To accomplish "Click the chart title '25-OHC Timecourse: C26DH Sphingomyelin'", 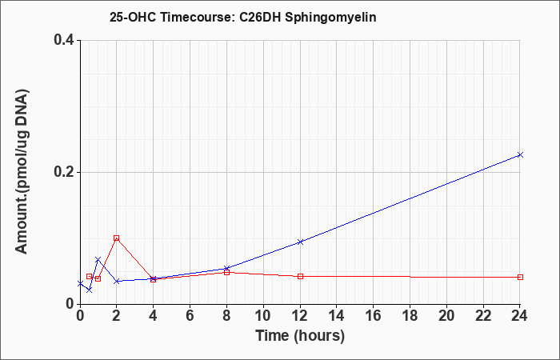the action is coord(243,17).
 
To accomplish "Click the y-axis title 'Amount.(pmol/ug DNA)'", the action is coord(22,172).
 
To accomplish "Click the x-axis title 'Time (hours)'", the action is coord(300,336).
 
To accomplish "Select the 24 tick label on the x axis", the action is coord(520,315).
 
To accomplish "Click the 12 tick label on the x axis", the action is coord(300,315).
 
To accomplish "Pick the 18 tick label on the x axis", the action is coord(410,315).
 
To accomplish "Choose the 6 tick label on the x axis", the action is coord(190,315).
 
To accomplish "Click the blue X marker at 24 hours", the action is coord(520,154).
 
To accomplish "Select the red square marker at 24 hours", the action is coord(520,277).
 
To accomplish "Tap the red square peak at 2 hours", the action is coord(117,238).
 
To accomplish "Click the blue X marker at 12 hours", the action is coord(300,242).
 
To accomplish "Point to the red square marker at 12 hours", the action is coord(300,277).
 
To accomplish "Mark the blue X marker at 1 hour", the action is coord(98,259).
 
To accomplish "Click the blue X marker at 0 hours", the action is coord(80,283).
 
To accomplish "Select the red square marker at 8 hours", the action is coord(226,273).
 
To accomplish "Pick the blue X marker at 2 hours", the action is coord(117,282).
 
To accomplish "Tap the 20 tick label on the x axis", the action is coord(446,315).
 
